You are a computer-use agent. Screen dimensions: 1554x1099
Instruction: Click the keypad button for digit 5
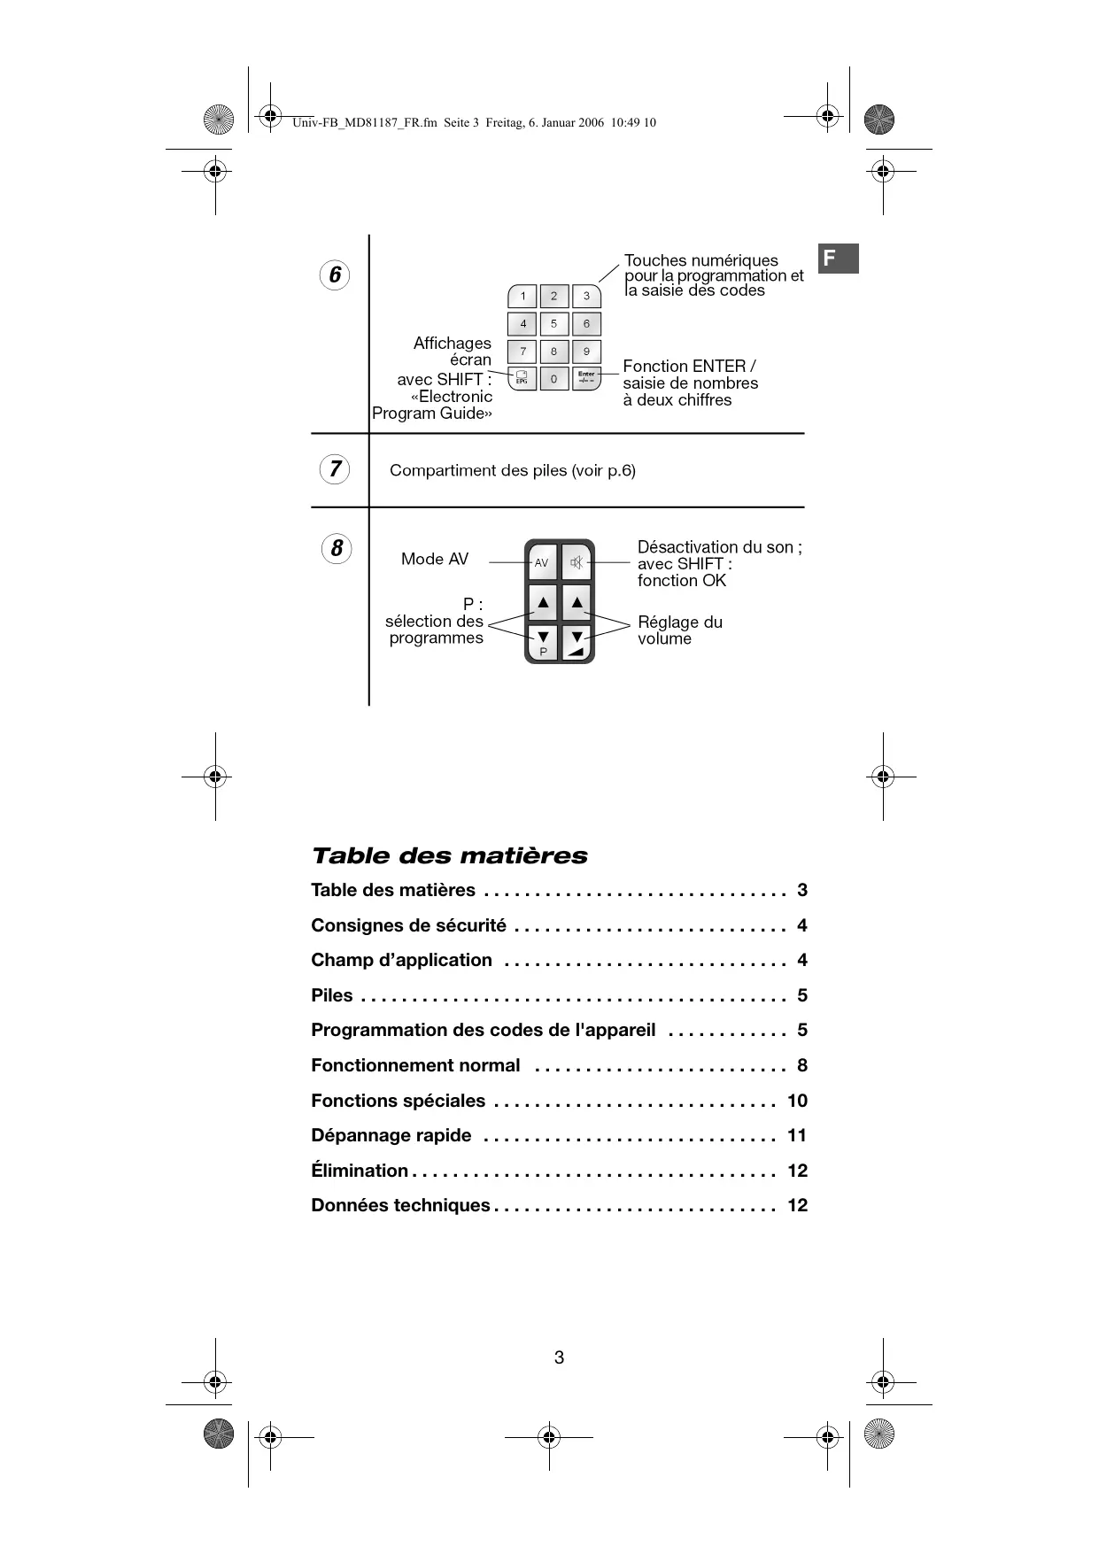pos(553,324)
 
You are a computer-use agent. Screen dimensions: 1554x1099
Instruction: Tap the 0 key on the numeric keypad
pos(553,379)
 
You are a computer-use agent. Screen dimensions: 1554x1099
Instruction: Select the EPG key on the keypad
pos(522,379)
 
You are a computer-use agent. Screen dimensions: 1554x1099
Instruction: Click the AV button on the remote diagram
pos(541,562)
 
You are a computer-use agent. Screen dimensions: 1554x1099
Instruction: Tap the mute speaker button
pos(577,562)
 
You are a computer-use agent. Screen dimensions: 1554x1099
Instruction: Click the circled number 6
pos(335,275)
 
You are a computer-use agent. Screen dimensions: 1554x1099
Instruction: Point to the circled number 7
pos(335,468)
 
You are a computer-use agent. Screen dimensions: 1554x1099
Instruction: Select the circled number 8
pos(336,549)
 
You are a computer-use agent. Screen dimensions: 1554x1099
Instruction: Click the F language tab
pos(837,259)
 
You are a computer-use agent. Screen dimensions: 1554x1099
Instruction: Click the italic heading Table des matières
pos(449,855)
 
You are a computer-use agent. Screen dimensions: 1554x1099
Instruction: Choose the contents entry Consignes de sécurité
pos(408,925)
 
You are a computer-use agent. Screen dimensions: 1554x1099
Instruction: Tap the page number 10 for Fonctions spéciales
pos(797,1101)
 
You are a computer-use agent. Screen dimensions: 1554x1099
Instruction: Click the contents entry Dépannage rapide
pos(391,1135)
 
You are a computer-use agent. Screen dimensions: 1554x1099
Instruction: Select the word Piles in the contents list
pos(331,995)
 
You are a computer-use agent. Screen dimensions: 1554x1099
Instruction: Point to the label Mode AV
pos(434,559)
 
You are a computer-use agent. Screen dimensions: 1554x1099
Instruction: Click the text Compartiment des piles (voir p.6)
pos(512,470)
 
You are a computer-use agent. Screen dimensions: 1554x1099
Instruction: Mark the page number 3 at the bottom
pos(559,1357)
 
